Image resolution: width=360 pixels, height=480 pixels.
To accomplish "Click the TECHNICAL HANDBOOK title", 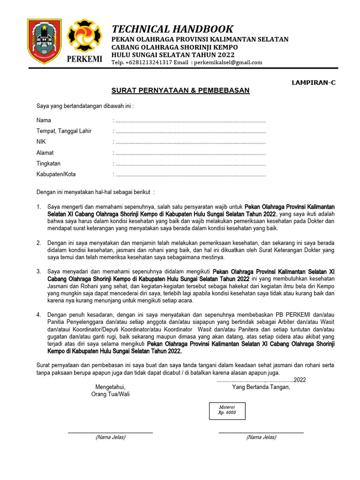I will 172,29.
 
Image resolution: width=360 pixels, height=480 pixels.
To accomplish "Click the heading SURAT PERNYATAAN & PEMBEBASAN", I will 180,90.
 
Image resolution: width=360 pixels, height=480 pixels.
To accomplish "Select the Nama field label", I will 44,120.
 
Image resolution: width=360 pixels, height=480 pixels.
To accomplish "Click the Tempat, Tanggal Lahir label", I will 64,131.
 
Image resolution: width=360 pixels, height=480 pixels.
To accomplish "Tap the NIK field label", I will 41,142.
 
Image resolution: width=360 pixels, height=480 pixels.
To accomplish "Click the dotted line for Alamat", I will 190,153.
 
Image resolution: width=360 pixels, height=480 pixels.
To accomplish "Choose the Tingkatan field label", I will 48,164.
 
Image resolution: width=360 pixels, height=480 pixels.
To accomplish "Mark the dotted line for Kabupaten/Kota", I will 190,174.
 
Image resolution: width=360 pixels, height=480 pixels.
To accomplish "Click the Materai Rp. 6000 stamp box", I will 227,410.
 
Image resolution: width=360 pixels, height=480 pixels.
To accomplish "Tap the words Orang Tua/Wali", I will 110,394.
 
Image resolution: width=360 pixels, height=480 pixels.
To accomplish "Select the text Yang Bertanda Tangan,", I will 261,387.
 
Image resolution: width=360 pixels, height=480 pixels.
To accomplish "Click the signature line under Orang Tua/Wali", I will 110,432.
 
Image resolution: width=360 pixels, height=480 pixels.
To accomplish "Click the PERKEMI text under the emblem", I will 84,60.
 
